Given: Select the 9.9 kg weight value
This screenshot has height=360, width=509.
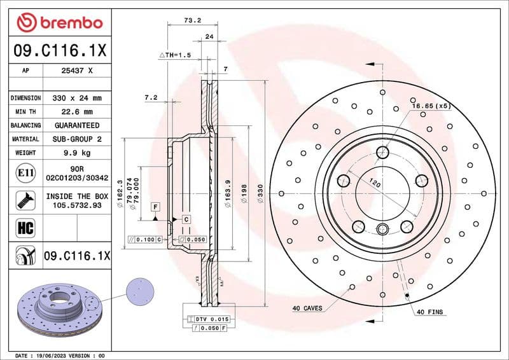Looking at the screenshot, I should point(77,153).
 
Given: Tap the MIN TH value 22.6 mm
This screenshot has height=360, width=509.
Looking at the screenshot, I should point(77,112).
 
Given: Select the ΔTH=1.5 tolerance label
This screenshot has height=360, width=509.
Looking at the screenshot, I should point(175,56).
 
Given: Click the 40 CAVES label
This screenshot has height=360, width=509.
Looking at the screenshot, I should point(307,308).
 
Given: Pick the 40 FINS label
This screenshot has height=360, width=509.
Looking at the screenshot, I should point(430,312).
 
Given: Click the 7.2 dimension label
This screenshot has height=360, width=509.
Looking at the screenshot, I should point(151,98).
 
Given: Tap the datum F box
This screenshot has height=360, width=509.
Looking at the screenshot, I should point(155,207).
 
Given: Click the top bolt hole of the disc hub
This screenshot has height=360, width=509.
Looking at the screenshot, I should point(382,153).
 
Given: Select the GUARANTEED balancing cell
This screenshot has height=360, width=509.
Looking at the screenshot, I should point(77,125).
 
